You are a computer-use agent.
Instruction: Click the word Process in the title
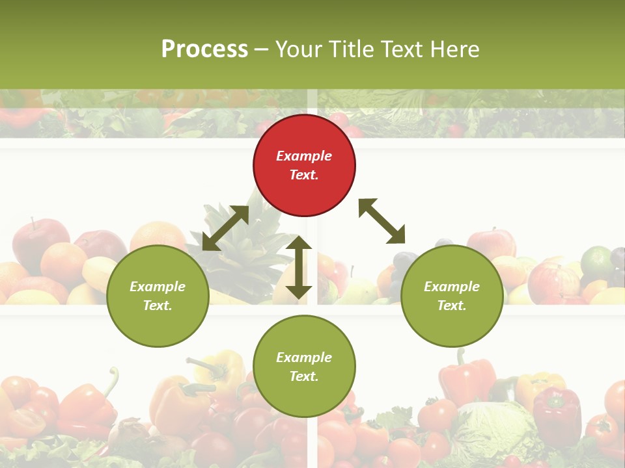[x=204, y=49]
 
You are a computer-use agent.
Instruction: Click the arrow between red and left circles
[x=225, y=228]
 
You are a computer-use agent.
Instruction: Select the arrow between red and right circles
[x=382, y=221]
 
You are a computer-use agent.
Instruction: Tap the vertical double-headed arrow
[x=299, y=267]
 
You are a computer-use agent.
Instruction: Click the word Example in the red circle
[x=304, y=156]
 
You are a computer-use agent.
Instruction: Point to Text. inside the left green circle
[x=158, y=305]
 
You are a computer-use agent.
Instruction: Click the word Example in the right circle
[x=452, y=287]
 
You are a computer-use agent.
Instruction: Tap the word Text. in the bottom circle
[x=304, y=376]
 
